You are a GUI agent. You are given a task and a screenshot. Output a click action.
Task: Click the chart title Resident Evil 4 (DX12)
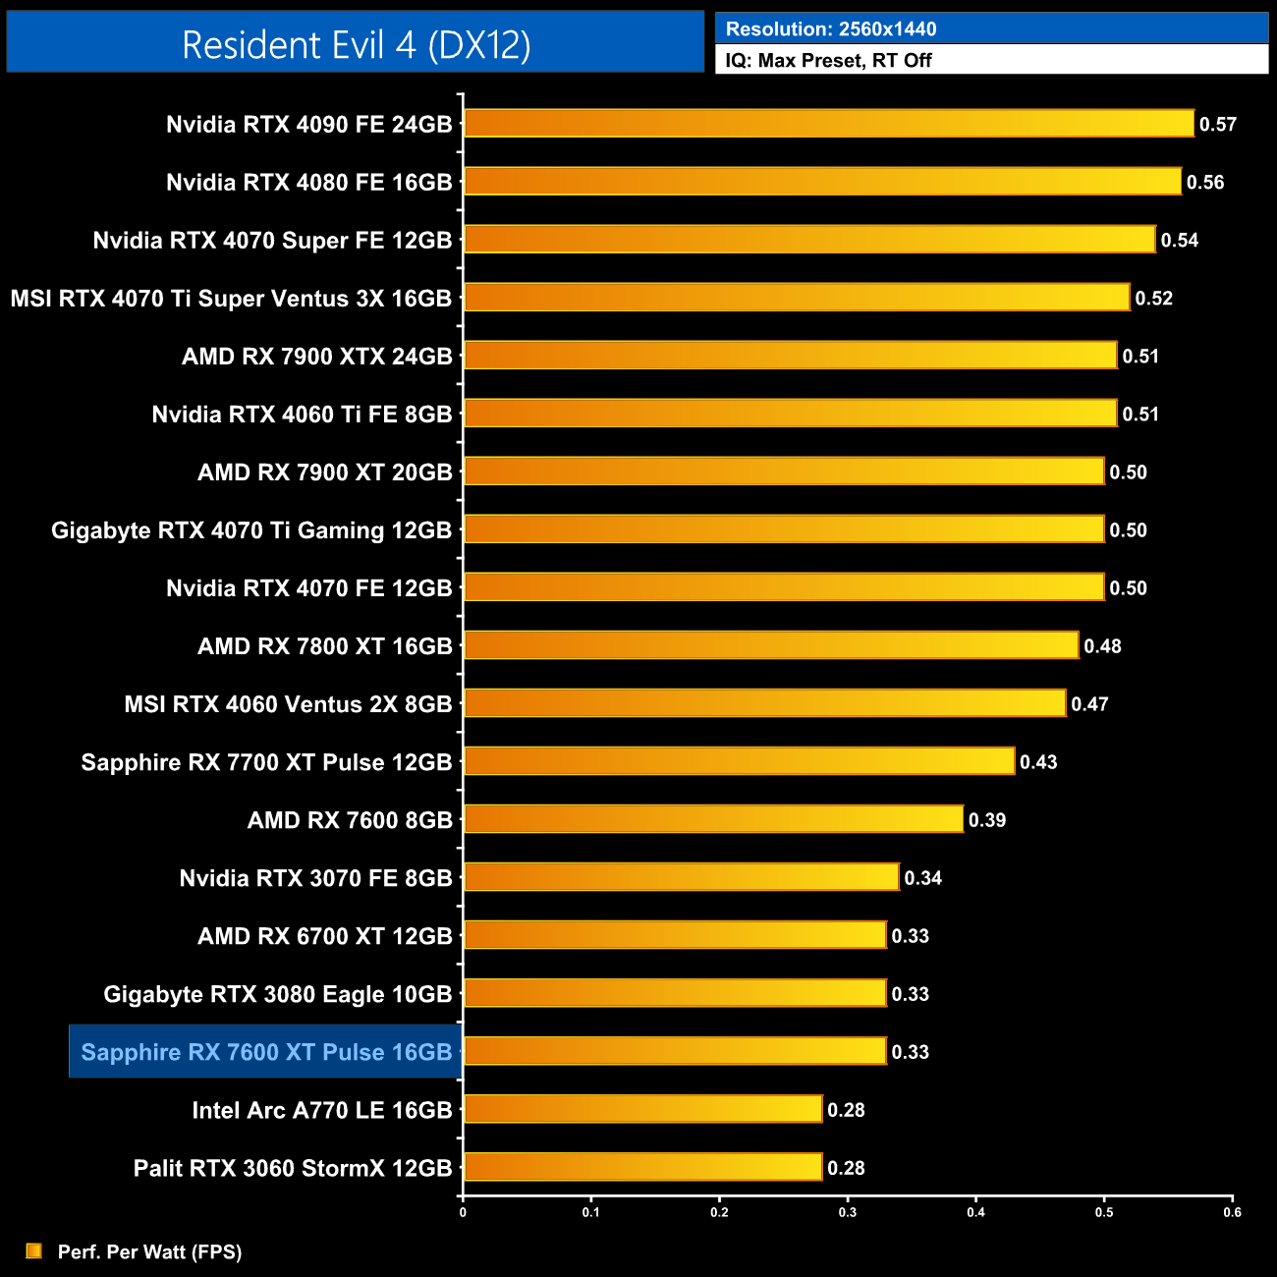356,44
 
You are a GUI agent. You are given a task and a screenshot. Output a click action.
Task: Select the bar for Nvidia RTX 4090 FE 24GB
828,124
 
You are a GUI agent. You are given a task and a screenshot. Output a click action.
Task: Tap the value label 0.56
1205,183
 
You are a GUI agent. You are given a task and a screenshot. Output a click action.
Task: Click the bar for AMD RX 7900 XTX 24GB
790,356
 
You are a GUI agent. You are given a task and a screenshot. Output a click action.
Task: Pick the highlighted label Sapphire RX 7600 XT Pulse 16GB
266,1052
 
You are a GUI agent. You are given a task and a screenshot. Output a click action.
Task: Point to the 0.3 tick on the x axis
848,1211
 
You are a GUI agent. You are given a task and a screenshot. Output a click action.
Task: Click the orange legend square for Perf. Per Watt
34,1250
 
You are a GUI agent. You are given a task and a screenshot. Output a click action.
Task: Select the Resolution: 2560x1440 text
831,29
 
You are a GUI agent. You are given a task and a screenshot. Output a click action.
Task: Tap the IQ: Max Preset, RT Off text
828,60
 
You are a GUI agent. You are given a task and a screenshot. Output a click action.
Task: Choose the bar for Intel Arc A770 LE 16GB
642,1109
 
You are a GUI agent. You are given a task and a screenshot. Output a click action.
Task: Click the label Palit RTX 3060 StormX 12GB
293,1168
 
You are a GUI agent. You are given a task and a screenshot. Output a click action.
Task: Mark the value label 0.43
1038,762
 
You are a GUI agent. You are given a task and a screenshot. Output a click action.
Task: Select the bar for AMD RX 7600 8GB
713,819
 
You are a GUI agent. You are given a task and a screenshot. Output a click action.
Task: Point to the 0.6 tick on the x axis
1232,1211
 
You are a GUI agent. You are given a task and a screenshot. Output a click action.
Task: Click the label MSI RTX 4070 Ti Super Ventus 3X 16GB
232,299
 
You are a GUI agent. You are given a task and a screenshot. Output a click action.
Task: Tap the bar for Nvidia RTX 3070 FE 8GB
681,877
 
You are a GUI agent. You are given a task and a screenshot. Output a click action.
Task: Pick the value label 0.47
1089,704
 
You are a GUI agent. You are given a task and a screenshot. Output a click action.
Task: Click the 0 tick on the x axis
463,1211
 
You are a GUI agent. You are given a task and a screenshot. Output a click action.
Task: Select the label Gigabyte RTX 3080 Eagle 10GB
278,994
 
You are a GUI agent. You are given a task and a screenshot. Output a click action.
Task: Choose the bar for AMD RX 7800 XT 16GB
771,645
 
